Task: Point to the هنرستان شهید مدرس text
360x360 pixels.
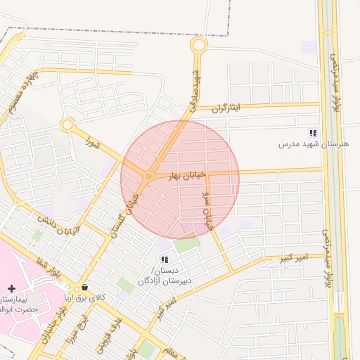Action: click(314, 143)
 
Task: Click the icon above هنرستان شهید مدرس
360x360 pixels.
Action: click(314, 132)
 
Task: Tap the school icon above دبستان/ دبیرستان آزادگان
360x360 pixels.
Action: click(165, 259)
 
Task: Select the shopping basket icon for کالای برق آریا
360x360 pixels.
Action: click(85, 287)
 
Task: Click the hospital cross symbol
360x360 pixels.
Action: click(11, 288)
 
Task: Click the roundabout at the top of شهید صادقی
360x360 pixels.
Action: click(199, 46)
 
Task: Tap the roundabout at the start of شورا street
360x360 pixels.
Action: click(67, 125)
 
